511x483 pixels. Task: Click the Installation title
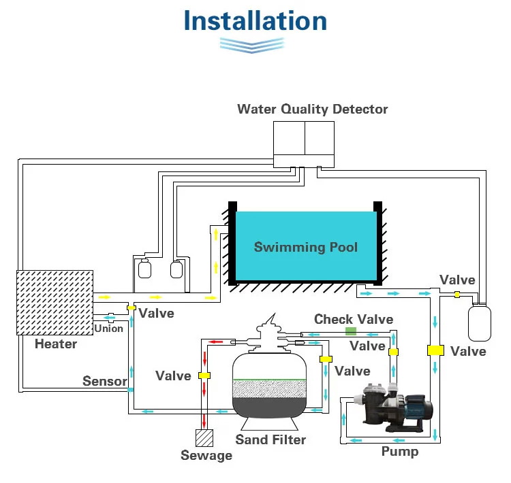[255, 21]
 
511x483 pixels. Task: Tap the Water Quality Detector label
[313, 109]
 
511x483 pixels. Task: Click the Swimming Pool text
[306, 247]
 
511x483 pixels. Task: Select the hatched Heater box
[55, 302]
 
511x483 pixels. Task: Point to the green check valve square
[351, 331]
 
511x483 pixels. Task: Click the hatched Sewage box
[204, 437]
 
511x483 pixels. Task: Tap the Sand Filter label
[270, 439]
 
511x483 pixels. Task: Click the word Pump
[400, 452]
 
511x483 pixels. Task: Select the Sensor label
[105, 381]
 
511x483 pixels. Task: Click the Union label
[108, 329]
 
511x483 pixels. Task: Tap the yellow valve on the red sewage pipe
[204, 376]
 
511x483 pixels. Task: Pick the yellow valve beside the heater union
[131, 307]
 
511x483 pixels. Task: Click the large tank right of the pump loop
[480, 323]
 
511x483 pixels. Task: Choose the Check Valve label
[354, 319]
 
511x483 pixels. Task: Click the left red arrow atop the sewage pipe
[216, 342]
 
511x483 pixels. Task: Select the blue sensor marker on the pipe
[130, 390]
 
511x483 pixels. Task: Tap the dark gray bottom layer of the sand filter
[270, 407]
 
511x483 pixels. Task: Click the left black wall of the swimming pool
[232, 244]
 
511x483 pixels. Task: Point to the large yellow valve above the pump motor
[435, 350]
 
